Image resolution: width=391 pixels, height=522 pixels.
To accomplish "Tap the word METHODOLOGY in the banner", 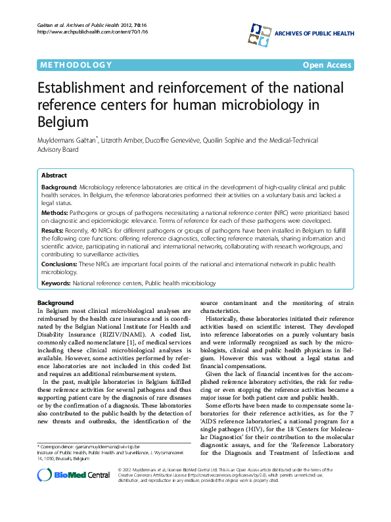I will pyautogui.click(x=76, y=64).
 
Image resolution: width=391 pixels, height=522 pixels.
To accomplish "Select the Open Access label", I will pyautogui.click(x=328, y=64).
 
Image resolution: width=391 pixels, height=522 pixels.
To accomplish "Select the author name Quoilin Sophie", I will pyautogui.click(x=229, y=141).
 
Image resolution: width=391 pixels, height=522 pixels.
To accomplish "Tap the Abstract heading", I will pyautogui.click(x=54, y=176).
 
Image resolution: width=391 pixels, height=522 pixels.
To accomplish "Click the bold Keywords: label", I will pyautogui.click(x=56, y=283).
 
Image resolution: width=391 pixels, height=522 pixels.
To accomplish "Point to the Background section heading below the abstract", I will pyautogui.click(x=55, y=302).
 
